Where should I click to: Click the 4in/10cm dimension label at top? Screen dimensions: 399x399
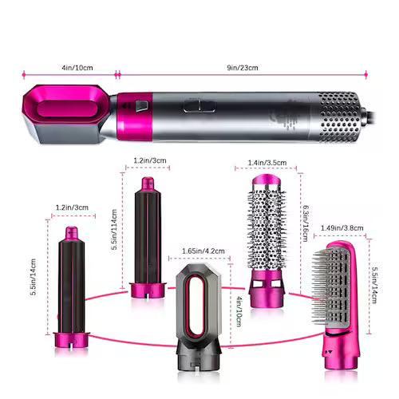point(67,68)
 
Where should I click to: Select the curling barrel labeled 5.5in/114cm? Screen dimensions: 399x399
point(147,239)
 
